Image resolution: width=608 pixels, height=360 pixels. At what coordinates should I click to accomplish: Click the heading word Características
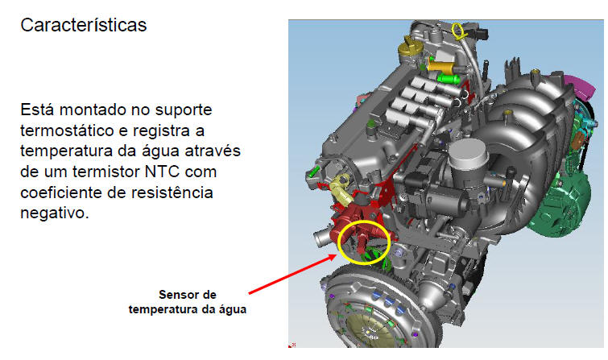84,26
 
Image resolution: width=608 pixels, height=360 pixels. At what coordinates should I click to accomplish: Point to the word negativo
55,213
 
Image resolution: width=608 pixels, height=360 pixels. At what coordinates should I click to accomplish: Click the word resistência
172,192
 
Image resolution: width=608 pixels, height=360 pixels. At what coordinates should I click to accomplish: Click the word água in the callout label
232,310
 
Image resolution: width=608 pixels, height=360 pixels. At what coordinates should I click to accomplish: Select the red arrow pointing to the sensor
293,274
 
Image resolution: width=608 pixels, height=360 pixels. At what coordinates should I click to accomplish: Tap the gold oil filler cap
408,48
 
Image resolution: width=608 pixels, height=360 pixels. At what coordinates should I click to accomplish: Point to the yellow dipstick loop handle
458,30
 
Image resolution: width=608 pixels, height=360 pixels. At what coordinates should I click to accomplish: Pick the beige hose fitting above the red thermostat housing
341,189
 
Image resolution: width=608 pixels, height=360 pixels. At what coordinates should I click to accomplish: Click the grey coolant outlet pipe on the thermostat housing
321,239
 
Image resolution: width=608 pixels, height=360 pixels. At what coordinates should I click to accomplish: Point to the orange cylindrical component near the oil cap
440,67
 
